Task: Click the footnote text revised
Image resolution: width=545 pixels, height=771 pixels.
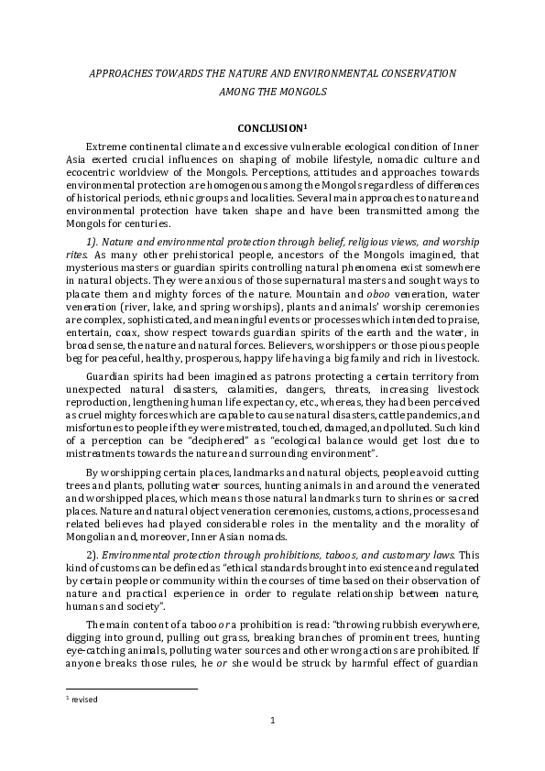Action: point(85,700)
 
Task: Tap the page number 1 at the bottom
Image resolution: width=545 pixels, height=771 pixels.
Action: point(272,721)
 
